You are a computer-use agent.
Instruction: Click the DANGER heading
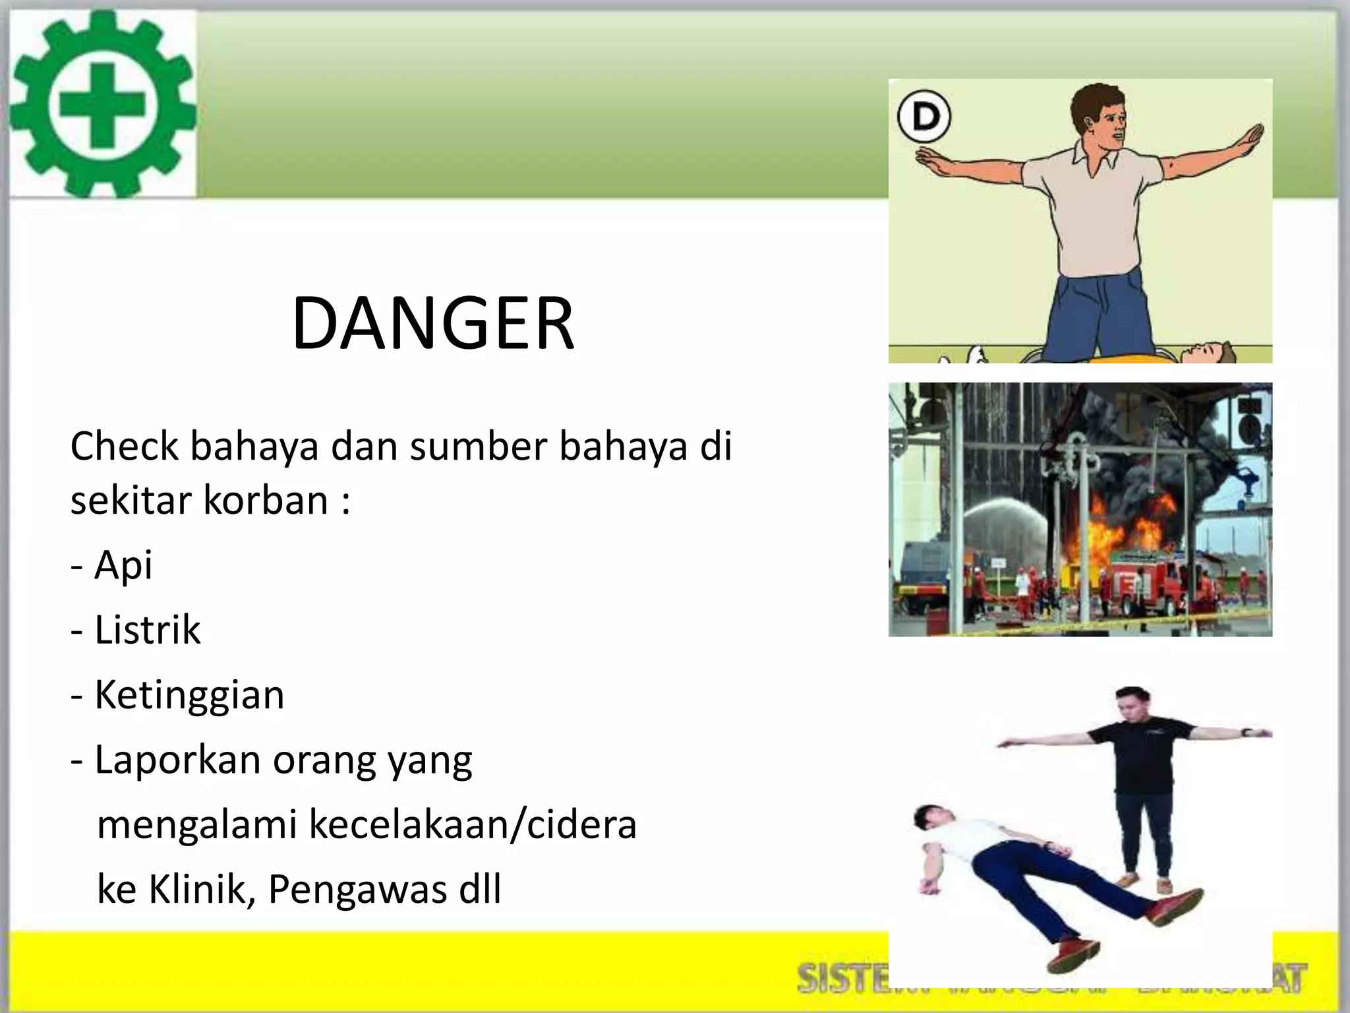pyautogui.click(x=433, y=324)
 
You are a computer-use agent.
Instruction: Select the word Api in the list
pyautogui.click(x=123, y=565)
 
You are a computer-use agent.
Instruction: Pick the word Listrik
pyautogui.click(x=148, y=630)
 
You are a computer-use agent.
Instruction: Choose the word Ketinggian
pyautogui.click(x=189, y=695)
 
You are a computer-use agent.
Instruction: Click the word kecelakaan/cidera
pyautogui.click(x=473, y=824)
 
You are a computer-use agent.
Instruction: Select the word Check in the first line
pyautogui.click(x=125, y=446)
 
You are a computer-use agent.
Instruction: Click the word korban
pyautogui.click(x=266, y=500)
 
